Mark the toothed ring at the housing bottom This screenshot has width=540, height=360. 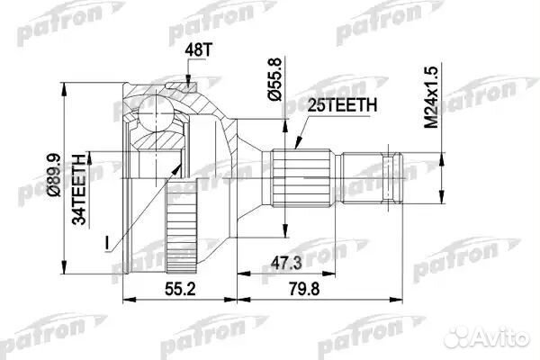coord(179,229)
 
